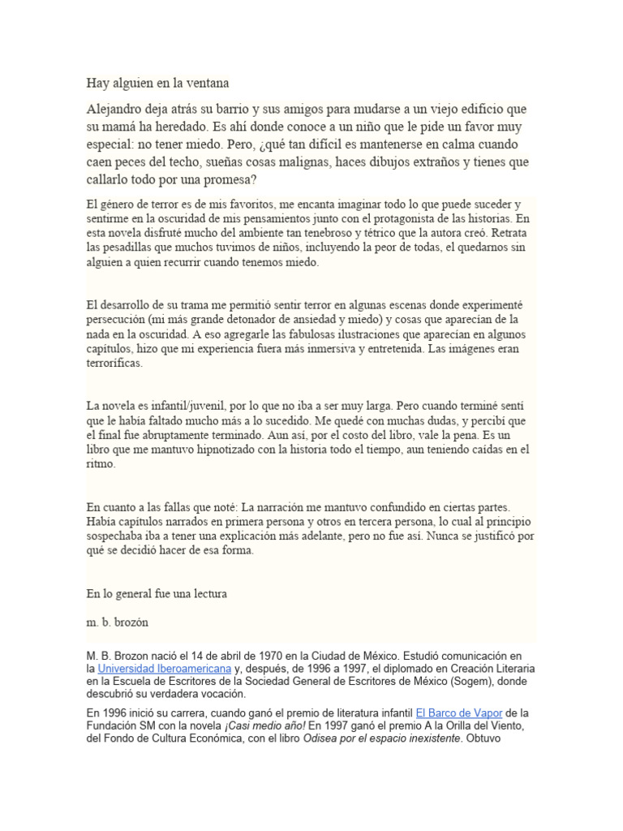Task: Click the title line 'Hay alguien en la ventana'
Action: point(158,82)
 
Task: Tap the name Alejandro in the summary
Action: point(120,109)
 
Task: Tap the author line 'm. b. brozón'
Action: point(118,622)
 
